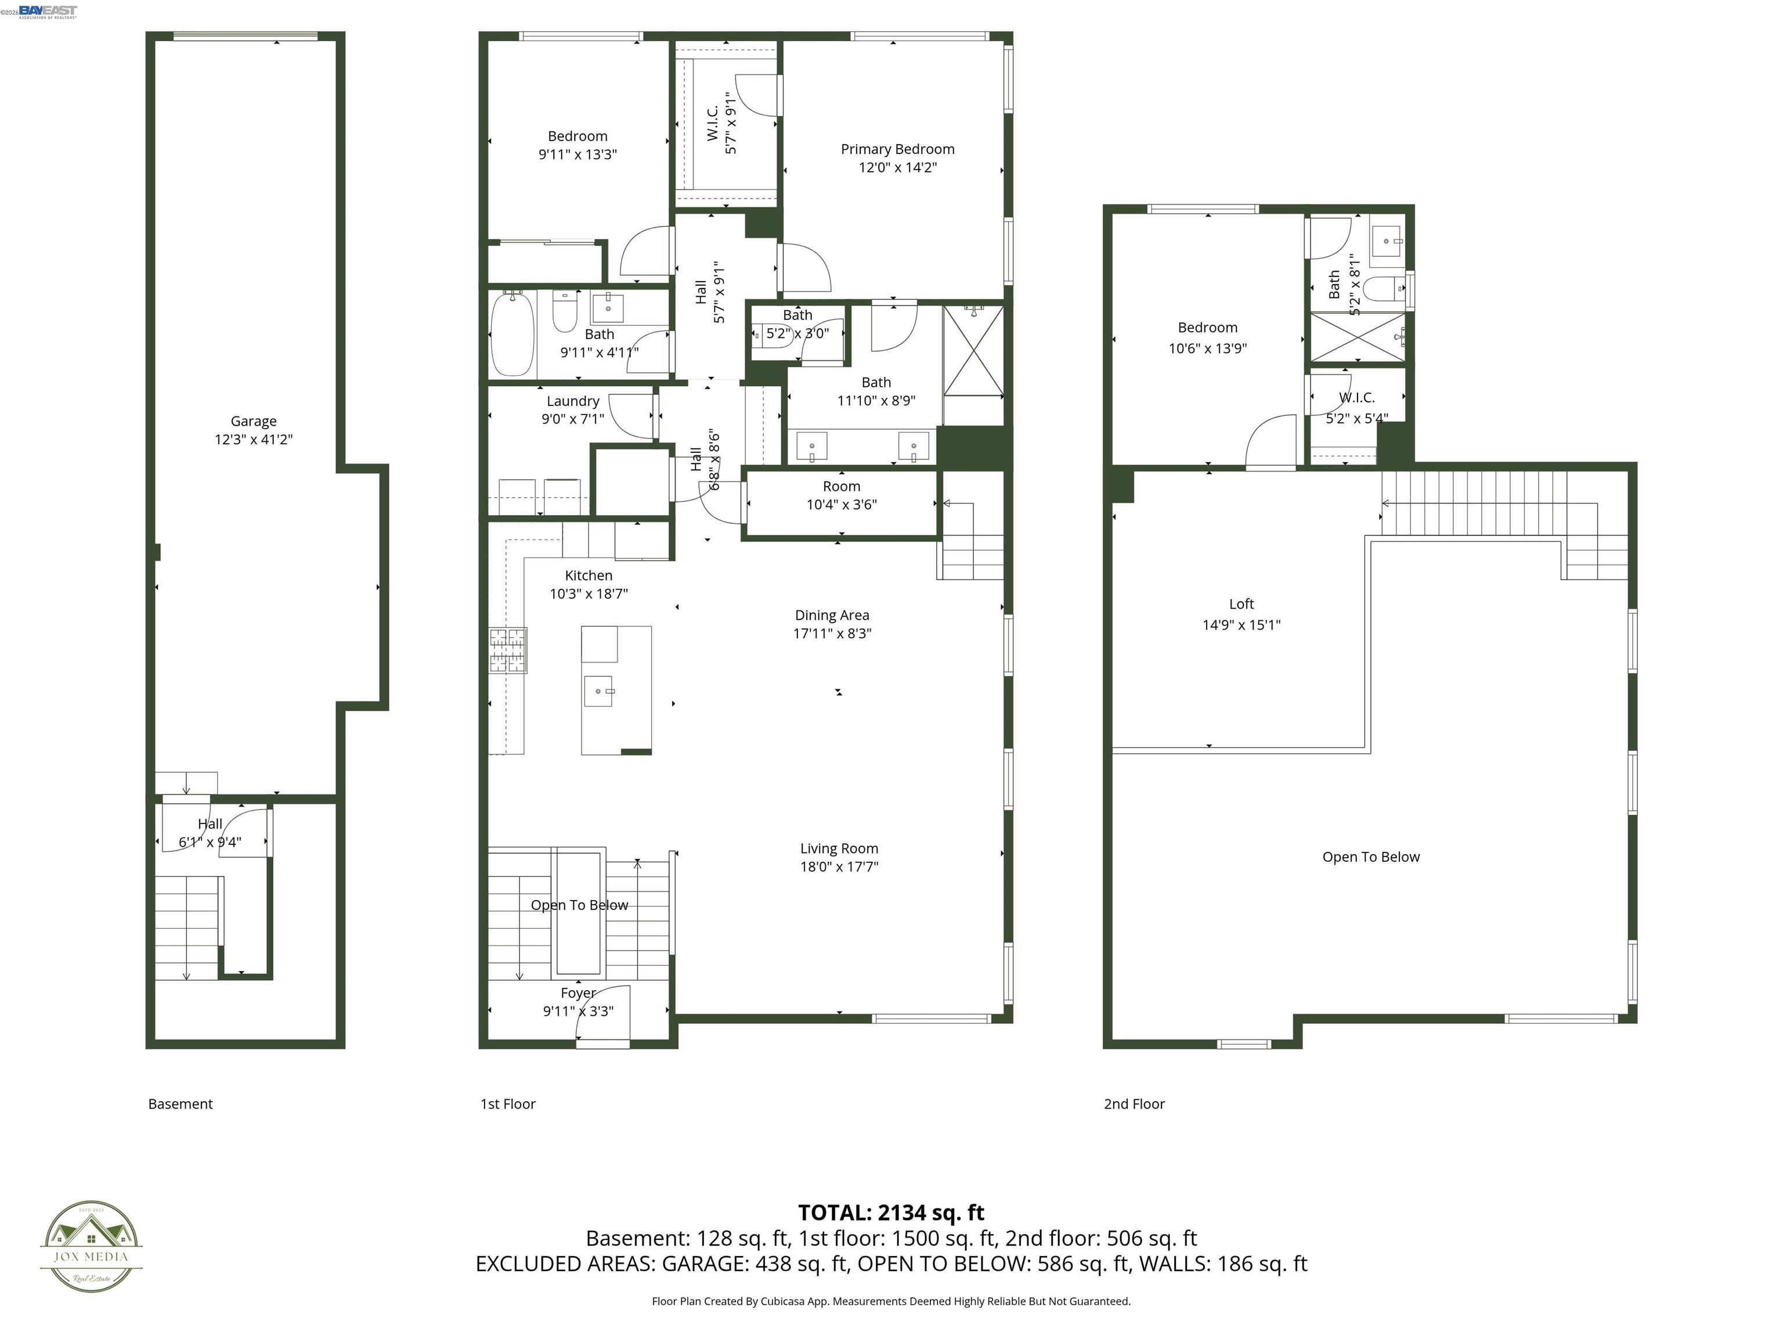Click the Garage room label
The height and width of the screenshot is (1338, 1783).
coord(253,421)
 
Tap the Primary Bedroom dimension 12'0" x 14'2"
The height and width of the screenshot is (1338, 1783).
coord(897,168)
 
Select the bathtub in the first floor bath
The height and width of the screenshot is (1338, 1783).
coord(512,334)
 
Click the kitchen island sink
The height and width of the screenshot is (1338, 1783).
coord(598,691)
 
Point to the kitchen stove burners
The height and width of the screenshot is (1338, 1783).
coord(508,650)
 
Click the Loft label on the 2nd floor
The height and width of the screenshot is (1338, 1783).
coord(1241,604)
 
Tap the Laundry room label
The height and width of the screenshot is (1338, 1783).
coord(572,401)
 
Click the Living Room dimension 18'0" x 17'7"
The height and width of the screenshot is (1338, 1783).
coord(839,867)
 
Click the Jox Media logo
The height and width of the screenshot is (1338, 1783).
coord(91,1247)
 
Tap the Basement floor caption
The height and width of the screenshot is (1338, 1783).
coord(181,1104)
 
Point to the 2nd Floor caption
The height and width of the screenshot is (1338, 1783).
coord(1134,1104)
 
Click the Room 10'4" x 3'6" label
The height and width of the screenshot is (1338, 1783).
coord(841,486)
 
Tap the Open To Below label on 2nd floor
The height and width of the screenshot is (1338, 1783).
coord(1370,857)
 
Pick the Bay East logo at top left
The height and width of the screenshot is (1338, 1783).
coord(48,10)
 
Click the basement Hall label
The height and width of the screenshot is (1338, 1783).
coord(210,824)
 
